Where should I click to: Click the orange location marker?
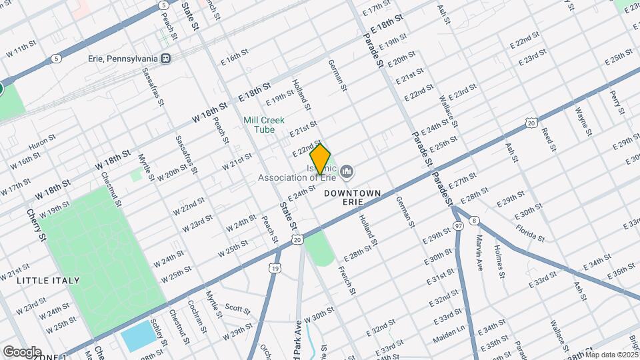[x=321, y=159]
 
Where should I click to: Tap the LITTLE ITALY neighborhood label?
[x=48, y=281]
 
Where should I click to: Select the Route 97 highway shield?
[x=458, y=227]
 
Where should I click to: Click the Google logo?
[x=21, y=351]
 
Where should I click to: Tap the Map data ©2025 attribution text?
[x=611, y=355]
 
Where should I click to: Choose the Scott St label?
[x=237, y=309]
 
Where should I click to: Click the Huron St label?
[x=41, y=144]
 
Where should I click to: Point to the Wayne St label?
[x=584, y=121]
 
